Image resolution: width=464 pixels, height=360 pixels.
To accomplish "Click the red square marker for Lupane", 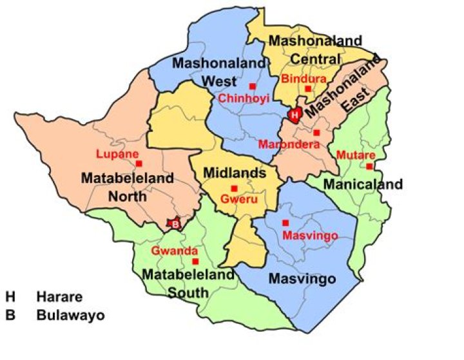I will click(139, 164).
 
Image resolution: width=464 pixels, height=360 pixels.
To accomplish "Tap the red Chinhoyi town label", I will click(244, 99).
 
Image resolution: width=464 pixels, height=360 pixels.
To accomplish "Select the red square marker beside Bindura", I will click(308, 89).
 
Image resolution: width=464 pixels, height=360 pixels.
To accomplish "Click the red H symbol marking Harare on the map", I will click(295, 115).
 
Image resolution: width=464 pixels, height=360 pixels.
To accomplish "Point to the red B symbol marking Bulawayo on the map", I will click(174, 224).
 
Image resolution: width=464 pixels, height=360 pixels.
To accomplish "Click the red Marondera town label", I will click(289, 145).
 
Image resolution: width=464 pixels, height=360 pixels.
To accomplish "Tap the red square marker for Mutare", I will click(369, 166).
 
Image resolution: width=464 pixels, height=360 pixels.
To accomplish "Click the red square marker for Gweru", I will click(234, 188).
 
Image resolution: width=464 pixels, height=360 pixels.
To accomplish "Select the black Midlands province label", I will click(235, 173).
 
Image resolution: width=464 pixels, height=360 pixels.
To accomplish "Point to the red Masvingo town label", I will click(310, 236).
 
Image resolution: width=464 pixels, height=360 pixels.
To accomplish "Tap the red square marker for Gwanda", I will click(195, 261).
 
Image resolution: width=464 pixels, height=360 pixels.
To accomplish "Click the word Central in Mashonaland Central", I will click(313, 59).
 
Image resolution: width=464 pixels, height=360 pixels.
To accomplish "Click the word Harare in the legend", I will click(59, 298).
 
